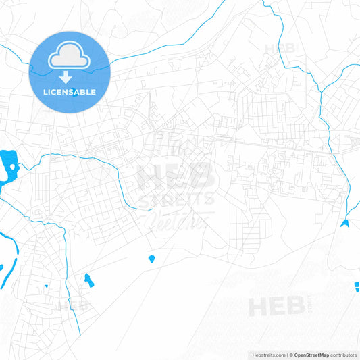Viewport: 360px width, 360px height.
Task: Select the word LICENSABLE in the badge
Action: pos(69,91)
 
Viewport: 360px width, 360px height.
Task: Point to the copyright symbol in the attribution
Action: pos(290,354)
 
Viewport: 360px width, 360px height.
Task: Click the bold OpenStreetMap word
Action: pos(311,354)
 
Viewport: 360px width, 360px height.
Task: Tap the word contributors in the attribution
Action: pos(342,354)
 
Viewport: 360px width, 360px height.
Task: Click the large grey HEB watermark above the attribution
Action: pos(277,307)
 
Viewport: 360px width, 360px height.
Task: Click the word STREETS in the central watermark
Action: pos(177,198)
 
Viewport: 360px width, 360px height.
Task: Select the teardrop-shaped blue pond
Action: pos(151,258)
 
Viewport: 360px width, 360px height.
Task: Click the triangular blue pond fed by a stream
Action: pos(345,223)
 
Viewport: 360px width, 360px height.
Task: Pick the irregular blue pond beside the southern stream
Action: pos(88,280)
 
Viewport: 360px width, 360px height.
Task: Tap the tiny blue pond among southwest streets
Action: pos(47,286)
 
